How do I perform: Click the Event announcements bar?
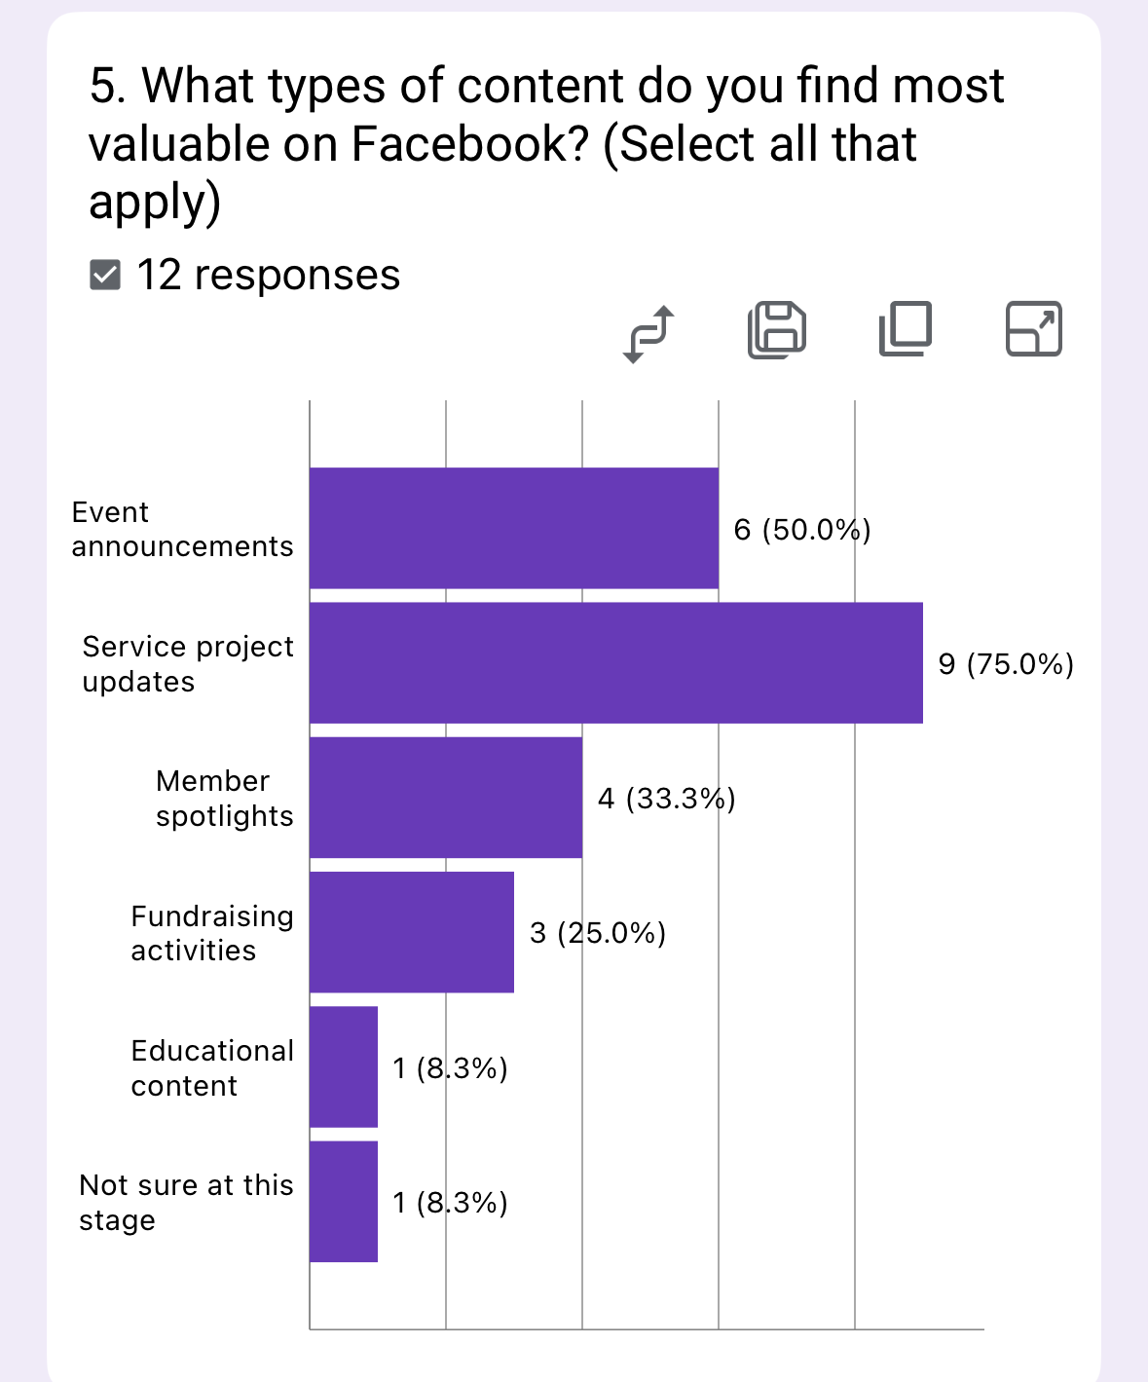[x=513, y=528]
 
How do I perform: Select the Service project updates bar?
[x=615, y=662]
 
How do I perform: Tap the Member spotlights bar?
[x=445, y=798]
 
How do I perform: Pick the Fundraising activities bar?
[x=411, y=932]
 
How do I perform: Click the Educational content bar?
[x=343, y=1067]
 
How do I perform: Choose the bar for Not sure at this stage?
[x=343, y=1202]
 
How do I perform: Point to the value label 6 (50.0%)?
[x=801, y=530]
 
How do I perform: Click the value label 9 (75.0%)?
[x=1006, y=664]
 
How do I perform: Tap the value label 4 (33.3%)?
[x=666, y=799]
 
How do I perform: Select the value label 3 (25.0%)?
[x=597, y=933]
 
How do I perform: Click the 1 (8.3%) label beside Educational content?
[x=450, y=1068]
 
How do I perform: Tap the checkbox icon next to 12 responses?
[x=105, y=276]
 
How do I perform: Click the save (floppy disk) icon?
[x=777, y=329]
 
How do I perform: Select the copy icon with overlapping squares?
[x=906, y=329]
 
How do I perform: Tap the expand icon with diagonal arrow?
[x=1033, y=329]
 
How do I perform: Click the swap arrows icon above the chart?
[x=648, y=333]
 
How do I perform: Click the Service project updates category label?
[x=187, y=663]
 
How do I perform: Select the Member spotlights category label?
[x=223, y=798]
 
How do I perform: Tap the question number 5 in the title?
[x=106, y=86]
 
